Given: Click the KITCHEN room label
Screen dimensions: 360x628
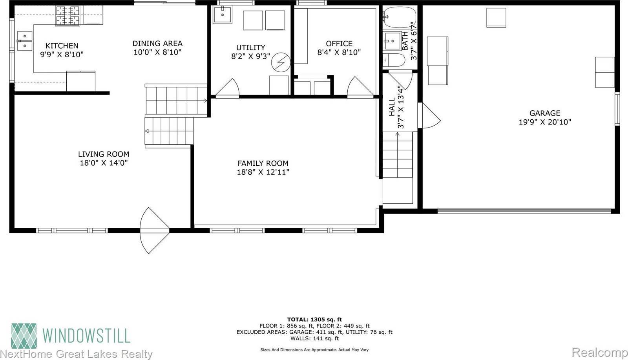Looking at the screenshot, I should (62, 46).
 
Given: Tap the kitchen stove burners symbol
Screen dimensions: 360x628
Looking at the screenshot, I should (67, 16).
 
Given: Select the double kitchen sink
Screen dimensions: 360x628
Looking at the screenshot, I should (24, 41).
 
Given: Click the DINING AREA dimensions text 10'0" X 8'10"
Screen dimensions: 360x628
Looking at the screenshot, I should (157, 52).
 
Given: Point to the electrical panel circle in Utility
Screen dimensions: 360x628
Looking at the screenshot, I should (281, 63).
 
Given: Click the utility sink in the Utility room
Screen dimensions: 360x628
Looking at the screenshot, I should (223, 15).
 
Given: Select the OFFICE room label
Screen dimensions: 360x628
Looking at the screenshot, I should (339, 44).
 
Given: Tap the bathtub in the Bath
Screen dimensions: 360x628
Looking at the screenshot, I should (399, 17).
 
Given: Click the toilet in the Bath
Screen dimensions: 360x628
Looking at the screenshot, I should (394, 60).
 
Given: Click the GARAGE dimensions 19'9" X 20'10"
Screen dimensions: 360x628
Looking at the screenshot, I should (544, 122).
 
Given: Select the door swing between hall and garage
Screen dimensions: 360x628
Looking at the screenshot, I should (430, 115).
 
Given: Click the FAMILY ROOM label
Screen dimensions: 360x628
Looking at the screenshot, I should (263, 163).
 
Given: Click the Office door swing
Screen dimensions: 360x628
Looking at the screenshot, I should (359, 87).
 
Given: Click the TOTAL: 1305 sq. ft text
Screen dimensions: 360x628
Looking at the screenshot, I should (314, 320).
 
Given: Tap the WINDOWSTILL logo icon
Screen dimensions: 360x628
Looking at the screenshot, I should (24, 336).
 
